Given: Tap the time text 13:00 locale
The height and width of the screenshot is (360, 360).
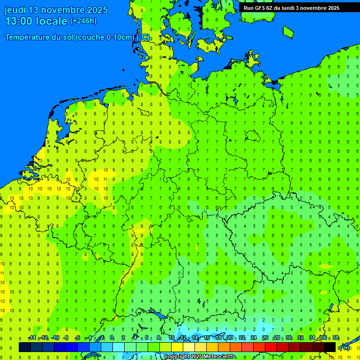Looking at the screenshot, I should coord(36,21).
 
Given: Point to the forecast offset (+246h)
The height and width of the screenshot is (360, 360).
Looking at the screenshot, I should coord(83,21).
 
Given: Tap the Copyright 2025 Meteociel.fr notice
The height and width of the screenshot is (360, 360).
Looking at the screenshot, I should coord(199,357).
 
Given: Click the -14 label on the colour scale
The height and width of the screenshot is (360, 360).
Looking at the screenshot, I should coord(32,338).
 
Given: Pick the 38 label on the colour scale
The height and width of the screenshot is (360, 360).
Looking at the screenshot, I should coord(335,338).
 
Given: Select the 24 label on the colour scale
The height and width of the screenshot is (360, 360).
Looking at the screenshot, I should coord(254,338).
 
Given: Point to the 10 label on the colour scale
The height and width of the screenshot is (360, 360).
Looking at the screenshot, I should coord(172,338).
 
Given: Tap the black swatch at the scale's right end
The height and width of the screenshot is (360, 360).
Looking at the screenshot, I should coord(330,347).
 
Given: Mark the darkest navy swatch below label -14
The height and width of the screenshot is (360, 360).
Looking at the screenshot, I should coord(24,347).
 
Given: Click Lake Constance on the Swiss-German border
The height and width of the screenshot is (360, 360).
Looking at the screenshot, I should coord(164,317).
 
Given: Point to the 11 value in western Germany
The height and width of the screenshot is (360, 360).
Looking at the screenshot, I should coord(105,179).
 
